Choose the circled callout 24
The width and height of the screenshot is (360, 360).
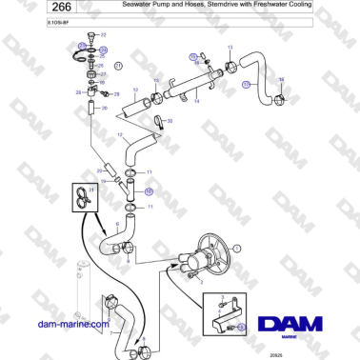(82, 45)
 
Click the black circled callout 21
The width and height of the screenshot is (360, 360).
(119, 65)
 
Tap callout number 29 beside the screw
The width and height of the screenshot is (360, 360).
(79, 92)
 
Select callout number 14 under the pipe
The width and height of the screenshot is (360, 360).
(196, 101)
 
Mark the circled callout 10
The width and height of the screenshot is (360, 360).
(148, 191)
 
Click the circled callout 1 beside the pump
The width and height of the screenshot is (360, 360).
(239, 248)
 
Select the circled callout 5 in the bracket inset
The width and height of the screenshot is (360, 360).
(241, 326)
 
